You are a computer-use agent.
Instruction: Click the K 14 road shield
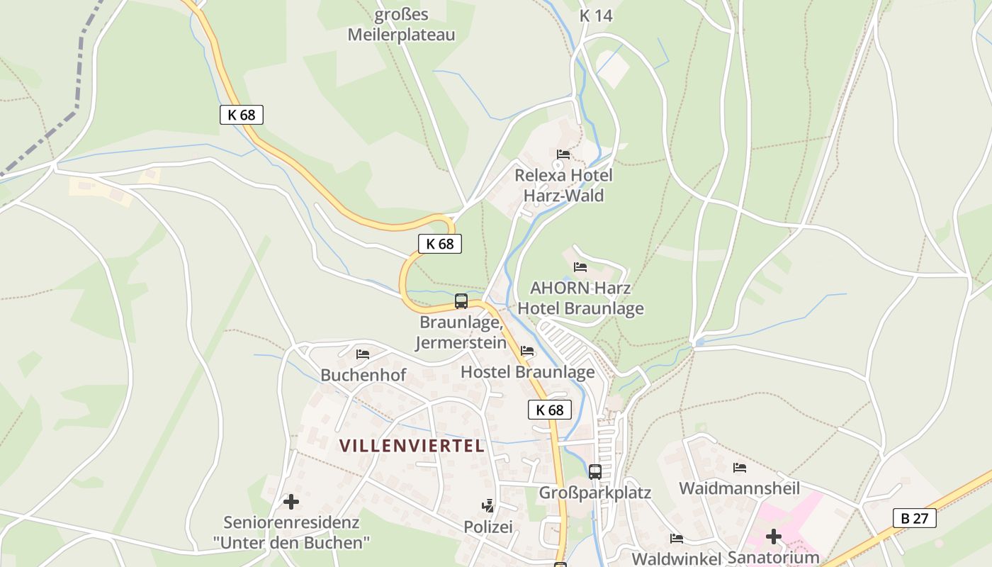coord(595,16)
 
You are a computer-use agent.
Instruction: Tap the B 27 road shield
coord(914,518)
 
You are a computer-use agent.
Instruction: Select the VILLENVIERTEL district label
coord(412,446)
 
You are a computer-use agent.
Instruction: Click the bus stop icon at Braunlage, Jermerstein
coord(461,301)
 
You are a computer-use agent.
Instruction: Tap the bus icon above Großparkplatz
coord(595,471)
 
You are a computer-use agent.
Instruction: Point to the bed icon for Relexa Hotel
coord(563,154)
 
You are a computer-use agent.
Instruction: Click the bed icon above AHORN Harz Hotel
coord(580,267)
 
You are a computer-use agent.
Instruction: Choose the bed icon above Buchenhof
coord(363,354)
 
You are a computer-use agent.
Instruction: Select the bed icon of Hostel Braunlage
coord(527,351)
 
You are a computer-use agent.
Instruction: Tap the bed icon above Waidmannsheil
coord(740,467)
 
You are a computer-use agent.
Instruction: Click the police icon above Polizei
coord(487,506)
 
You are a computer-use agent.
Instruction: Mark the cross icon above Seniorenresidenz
coord(291,502)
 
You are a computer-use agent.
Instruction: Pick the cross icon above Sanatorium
coord(773,537)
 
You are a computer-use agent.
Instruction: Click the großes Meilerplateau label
coord(401,25)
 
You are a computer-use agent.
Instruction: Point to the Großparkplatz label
coord(595,493)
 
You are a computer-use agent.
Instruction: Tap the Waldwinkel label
coord(676,558)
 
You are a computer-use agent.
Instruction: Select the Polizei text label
coord(487,527)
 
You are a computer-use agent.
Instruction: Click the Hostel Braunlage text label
coord(527,372)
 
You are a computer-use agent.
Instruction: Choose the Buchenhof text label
coord(363,375)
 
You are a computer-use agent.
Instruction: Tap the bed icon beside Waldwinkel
coord(676,539)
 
